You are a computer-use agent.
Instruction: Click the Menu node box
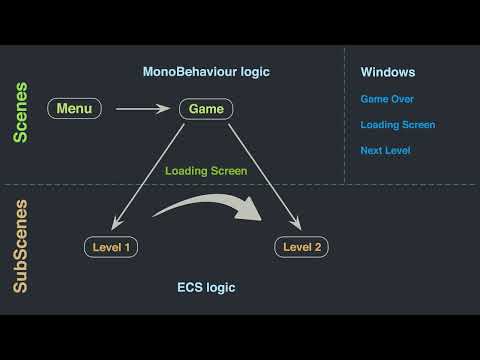coord(73,108)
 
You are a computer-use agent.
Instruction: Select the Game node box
coord(206,108)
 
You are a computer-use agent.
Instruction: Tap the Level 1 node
coord(111,246)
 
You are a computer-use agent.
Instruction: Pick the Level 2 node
coord(301,246)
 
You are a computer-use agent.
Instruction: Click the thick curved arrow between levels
coord(205,203)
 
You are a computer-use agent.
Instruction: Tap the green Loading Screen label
coord(206,171)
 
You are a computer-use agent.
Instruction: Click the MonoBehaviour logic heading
coord(205,72)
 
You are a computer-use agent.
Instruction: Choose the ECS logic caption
coord(206,288)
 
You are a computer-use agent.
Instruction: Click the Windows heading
coord(388,73)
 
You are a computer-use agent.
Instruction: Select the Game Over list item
coord(387,99)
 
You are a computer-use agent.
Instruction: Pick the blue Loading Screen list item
coord(398,125)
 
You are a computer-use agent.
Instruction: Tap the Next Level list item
coord(386,151)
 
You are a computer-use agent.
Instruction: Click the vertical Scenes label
coord(21,112)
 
